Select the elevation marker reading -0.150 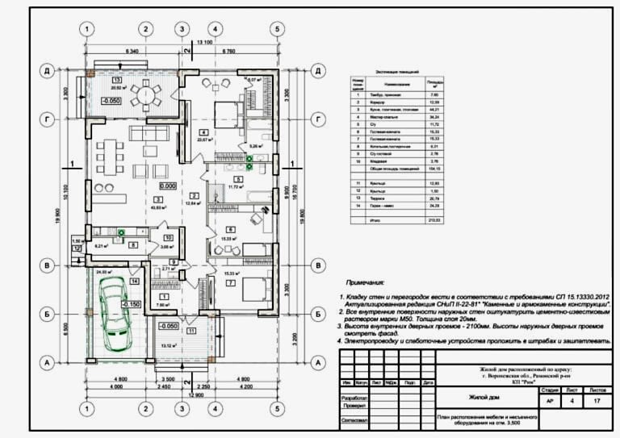click(x=131, y=305)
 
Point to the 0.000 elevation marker click(x=168, y=186)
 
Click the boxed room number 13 click(x=117, y=81)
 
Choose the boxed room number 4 click(x=204, y=131)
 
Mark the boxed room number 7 click(x=230, y=284)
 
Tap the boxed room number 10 click(x=168, y=238)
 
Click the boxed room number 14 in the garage click(x=135, y=281)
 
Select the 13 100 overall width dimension click(x=203, y=42)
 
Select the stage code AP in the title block click(x=551, y=399)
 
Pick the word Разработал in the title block click(x=357, y=398)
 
